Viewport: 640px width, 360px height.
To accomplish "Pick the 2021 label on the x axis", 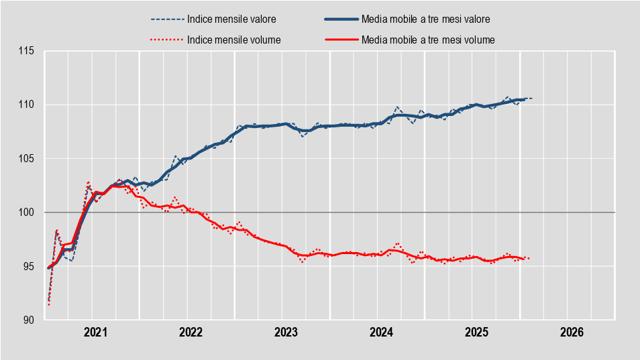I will (x=95, y=332).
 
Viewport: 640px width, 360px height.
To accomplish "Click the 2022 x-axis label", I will (x=191, y=332).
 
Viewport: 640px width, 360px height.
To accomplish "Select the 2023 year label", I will (x=286, y=332).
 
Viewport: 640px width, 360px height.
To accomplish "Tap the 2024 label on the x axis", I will (x=381, y=332).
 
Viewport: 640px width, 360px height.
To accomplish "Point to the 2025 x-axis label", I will (x=476, y=332).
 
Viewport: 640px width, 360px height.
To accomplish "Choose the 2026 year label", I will (x=572, y=332).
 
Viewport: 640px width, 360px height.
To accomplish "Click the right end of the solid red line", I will (x=524, y=259).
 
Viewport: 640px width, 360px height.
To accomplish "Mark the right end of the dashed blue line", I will (x=532, y=99).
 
